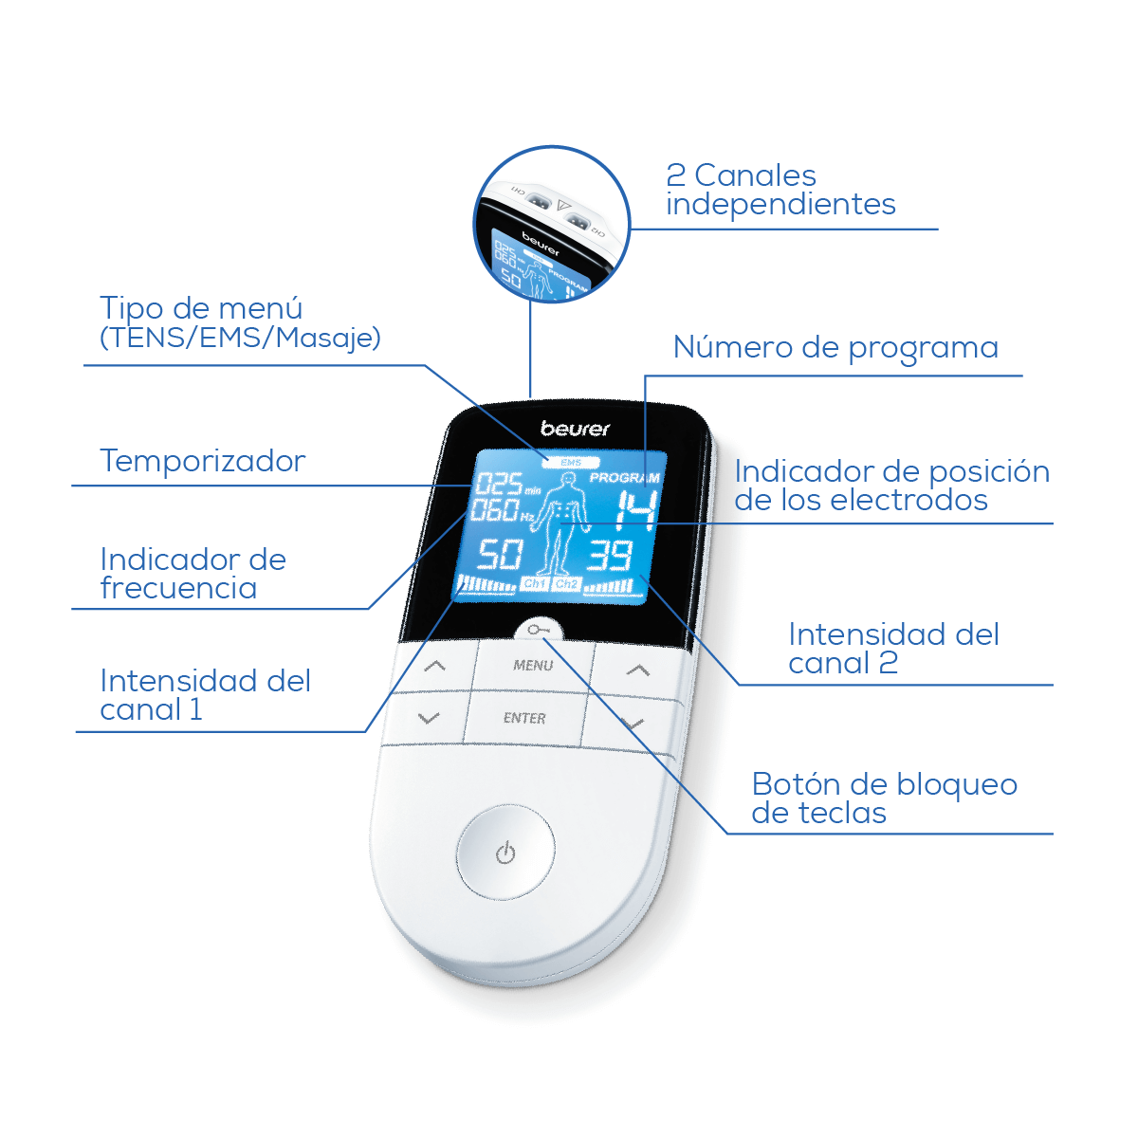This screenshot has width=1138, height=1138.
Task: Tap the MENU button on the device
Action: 533,666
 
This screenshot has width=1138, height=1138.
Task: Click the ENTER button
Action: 524,718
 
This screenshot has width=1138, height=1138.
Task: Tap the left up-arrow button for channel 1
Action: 435,667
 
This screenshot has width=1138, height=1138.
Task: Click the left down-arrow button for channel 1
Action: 428,718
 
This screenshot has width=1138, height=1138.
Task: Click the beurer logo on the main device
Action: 575,429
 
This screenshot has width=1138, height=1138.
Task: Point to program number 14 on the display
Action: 636,511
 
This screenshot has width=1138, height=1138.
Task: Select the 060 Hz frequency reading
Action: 503,510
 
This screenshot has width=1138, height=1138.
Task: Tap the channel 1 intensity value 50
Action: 500,555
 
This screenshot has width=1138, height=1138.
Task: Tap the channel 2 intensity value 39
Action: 610,555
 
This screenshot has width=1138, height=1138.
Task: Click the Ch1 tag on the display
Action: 535,583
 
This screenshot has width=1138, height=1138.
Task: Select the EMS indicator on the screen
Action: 571,463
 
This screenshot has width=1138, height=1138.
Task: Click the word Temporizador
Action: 203,461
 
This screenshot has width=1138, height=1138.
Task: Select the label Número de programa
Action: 835,347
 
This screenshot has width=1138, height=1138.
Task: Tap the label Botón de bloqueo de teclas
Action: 884,798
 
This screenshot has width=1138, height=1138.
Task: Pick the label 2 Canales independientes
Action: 780,190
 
